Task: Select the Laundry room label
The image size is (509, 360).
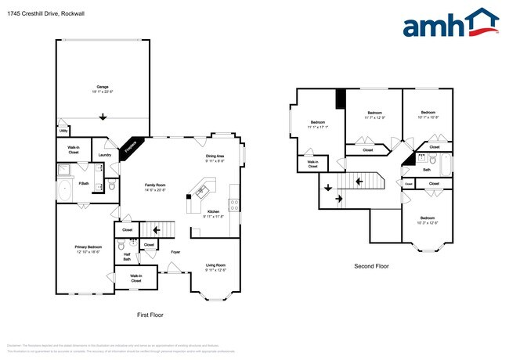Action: click(103, 156)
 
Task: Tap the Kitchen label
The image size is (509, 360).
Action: click(214, 214)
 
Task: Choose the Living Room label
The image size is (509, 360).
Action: click(215, 268)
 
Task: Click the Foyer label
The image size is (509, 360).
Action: click(175, 252)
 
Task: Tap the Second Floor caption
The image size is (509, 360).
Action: click(371, 266)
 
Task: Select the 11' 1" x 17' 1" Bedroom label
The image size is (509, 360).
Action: click(318, 124)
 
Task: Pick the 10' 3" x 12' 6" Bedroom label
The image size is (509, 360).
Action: click(427, 220)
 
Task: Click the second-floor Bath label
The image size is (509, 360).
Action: click(427, 169)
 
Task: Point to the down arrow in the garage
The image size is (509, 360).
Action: click(103, 117)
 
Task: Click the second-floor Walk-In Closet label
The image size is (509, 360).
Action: click(312, 164)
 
